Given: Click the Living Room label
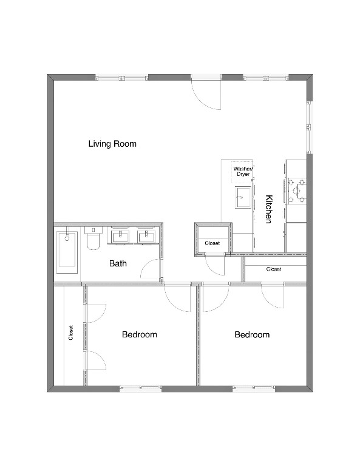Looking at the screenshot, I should [112, 144].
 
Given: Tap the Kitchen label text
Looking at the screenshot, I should [268, 209].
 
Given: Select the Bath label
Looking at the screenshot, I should [118, 264].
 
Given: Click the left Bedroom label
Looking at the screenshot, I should [139, 334].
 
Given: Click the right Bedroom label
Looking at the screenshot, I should [252, 334].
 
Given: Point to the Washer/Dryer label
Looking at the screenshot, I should [243, 171].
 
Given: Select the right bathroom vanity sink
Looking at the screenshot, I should [146, 235].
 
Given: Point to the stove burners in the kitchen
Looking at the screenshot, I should [297, 190].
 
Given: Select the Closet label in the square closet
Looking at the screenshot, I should [212, 243].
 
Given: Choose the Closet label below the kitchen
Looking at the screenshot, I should [273, 269].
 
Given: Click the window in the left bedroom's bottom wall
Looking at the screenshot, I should [141, 388].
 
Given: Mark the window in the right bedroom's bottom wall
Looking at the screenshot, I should [254, 388].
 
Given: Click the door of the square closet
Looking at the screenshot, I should [215, 265].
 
